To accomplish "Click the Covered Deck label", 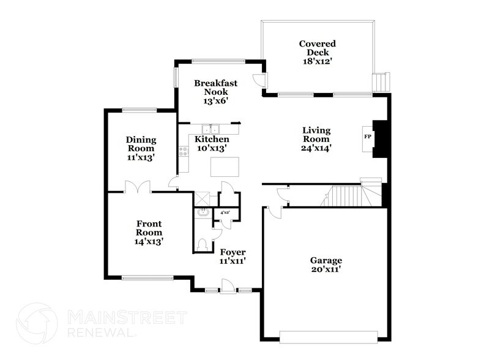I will coord(317,48).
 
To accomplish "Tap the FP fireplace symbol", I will coord(368,136).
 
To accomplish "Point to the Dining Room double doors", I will coord(137,186).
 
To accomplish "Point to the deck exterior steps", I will coord(381,81).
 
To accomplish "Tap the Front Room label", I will coord(149,228).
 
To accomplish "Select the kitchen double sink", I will coord(211,129).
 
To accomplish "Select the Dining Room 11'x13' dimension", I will coord(141,157).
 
